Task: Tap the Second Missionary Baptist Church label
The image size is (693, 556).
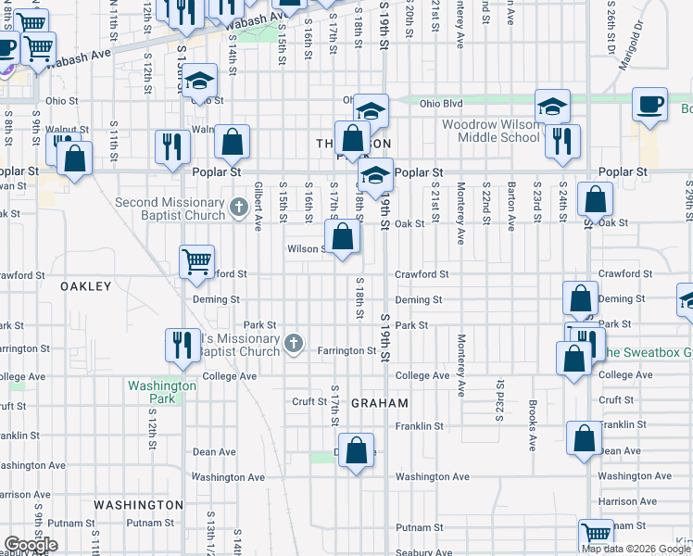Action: point(170,209)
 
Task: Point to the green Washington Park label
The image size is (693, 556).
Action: point(162,392)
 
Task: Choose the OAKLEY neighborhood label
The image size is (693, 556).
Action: point(85,286)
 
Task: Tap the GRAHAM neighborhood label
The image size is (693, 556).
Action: point(380,403)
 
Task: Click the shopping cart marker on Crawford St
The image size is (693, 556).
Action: point(196,261)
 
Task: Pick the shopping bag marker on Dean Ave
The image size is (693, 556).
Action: point(357,451)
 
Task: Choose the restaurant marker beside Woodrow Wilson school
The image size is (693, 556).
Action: point(562,140)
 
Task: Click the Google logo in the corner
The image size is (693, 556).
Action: point(31,545)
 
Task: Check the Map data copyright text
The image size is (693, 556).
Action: point(636,549)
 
